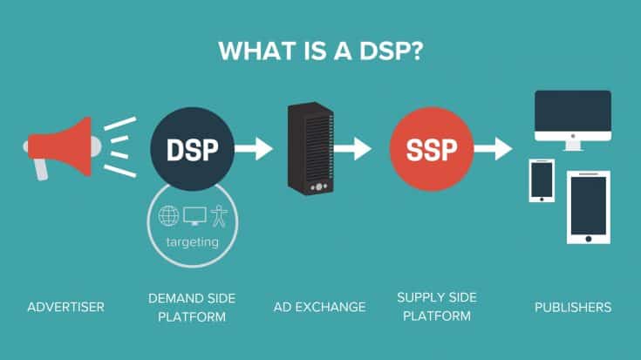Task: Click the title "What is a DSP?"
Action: pyautogui.click(x=320, y=51)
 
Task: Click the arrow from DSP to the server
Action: pyautogui.click(x=254, y=149)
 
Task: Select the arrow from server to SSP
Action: pyautogui.click(x=353, y=149)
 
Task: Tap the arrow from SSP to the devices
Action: pyautogui.click(x=493, y=149)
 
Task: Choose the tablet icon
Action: pyautogui.click(x=589, y=207)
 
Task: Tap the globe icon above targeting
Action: pyautogui.click(x=167, y=216)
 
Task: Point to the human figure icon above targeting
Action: pyautogui.click(x=215, y=216)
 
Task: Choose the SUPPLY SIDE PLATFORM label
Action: pyautogui.click(x=433, y=307)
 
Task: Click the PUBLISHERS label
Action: pyautogui.click(x=573, y=307)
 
